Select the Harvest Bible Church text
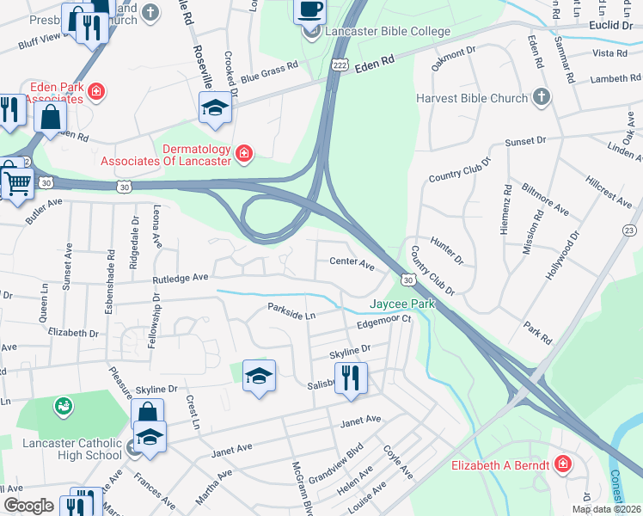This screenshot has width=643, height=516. click(x=472, y=98)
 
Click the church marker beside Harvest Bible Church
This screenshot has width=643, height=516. click(x=541, y=97)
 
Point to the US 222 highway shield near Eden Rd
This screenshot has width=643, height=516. click(x=340, y=66)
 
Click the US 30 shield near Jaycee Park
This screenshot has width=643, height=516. click(x=407, y=280)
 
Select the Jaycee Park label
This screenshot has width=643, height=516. click(x=402, y=304)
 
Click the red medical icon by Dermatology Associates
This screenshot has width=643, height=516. click(x=245, y=153)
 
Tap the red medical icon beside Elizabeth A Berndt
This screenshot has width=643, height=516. click(x=562, y=464)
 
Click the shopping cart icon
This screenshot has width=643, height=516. click(x=16, y=181)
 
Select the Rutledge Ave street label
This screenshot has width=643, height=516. click(x=181, y=278)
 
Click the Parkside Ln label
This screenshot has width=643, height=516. click(x=291, y=311)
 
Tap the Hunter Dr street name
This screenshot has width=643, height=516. click(x=447, y=252)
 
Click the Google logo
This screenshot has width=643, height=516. click(x=28, y=505)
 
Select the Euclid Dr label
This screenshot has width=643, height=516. click(x=612, y=26)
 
